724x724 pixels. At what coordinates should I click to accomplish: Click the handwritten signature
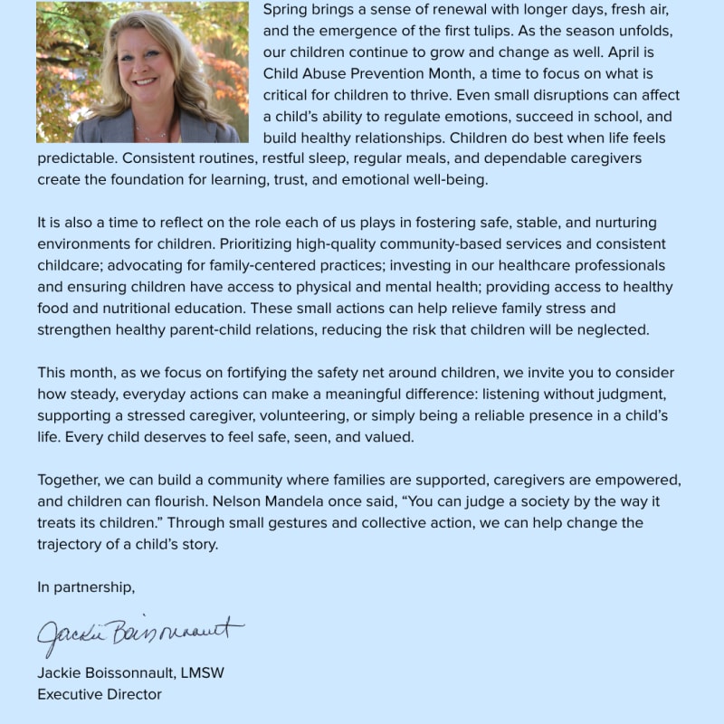(x=140, y=633)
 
